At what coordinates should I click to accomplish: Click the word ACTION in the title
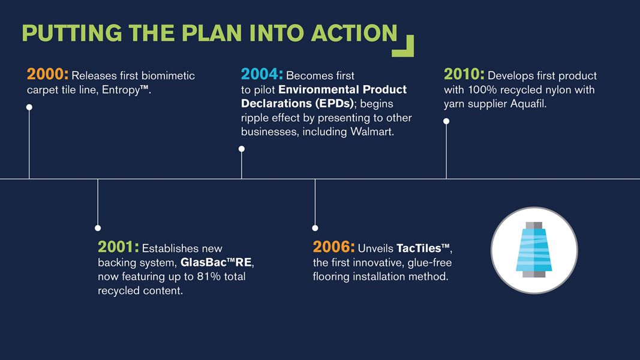coord(354,33)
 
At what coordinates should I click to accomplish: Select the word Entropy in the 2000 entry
coord(121,90)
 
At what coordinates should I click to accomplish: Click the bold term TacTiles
coord(419,248)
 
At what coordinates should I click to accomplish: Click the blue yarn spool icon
coord(534,250)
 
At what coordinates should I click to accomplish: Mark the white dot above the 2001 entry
coord(98,228)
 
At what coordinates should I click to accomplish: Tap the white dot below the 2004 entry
coord(242,149)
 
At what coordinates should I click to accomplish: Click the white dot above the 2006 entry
coord(315,228)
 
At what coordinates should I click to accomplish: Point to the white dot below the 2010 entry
coord(446,121)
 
